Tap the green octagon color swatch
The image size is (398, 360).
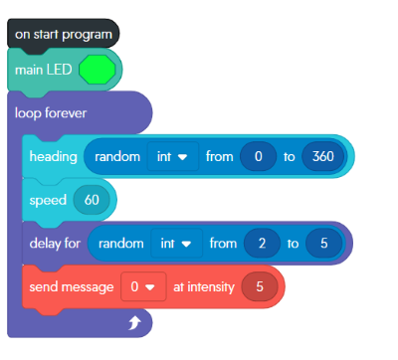[x=97, y=71]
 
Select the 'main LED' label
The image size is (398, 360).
[x=43, y=71]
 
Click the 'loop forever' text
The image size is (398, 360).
[x=51, y=112]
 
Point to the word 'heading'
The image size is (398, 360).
[x=53, y=157]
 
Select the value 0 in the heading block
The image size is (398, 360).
[x=259, y=157]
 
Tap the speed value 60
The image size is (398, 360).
[x=92, y=200]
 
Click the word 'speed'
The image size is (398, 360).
[x=48, y=200]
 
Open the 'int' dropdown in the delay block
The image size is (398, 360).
[x=175, y=243]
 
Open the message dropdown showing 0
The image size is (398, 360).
[x=140, y=286]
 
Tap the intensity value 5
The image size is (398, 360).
[x=260, y=286]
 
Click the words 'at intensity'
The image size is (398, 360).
[x=204, y=286]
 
